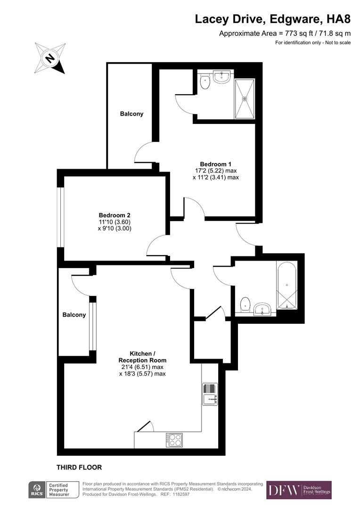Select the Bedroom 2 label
tap(115, 215)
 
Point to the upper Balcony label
tap(131, 114)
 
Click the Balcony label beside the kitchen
tap(74, 315)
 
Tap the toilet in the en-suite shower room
tap(205, 82)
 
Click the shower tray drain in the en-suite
tap(245, 99)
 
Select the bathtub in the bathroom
tap(286, 285)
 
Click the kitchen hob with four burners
tap(174, 440)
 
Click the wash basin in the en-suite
tap(221, 76)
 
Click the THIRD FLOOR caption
tap(79, 468)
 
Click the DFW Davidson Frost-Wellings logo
tap(299, 490)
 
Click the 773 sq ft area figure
tap(295, 33)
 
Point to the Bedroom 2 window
tap(60, 217)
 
